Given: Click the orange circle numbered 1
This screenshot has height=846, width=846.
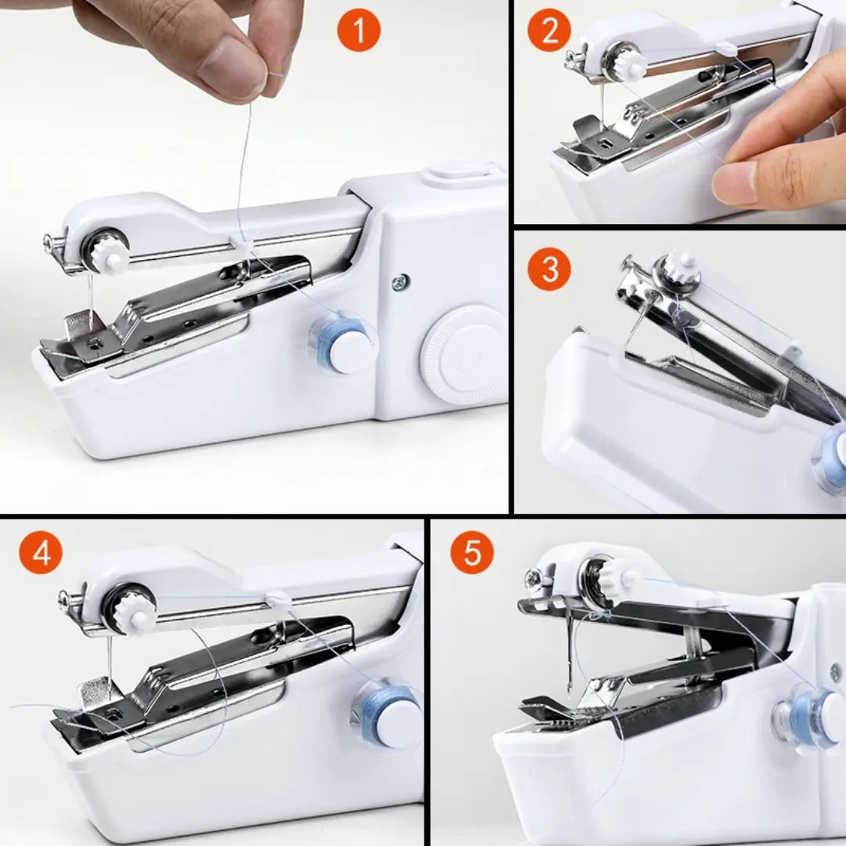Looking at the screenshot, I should [359, 32].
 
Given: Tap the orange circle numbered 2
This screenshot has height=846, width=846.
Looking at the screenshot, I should [549, 32].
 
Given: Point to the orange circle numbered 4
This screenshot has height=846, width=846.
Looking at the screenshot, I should [41, 554].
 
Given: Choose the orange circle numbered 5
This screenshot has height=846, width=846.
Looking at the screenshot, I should [472, 552].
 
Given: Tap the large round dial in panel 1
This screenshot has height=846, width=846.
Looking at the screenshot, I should [463, 355].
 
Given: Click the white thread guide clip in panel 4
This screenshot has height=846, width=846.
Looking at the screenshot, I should [279, 602].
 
